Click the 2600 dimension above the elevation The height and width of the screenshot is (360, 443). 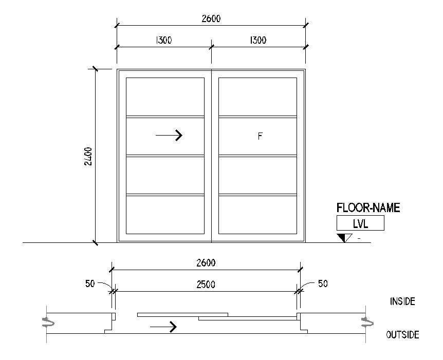pos(211,18)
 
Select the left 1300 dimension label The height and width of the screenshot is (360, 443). pos(163,41)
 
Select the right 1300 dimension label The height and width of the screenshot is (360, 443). pos(257,41)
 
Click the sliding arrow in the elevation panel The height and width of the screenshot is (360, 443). pos(169,135)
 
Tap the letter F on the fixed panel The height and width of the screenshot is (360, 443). pos(260,136)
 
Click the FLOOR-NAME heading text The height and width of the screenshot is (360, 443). pos(368,208)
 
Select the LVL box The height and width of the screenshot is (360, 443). pos(360,223)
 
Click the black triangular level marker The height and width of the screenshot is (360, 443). pos(342,238)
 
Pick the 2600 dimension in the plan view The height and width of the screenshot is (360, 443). pos(206,263)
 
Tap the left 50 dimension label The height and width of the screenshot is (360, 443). pos(89,283)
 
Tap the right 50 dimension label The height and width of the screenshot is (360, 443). pos(322,283)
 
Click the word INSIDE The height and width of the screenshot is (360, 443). pos(402,301)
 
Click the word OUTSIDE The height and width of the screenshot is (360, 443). pos(402,335)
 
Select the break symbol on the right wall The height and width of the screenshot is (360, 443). pos(366,322)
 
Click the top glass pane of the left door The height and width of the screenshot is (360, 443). pos(165,96)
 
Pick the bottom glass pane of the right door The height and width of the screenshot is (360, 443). pos(257,215)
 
